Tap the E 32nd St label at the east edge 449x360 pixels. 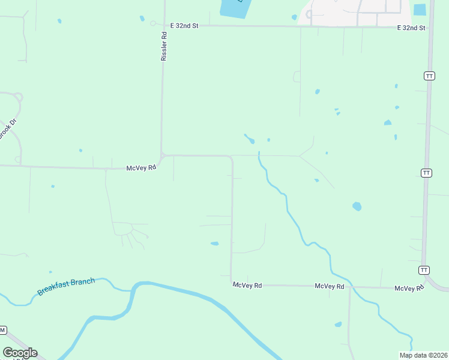tap(411, 28)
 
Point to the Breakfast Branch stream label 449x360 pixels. tap(66, 286)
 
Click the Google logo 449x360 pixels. tap(20, 353)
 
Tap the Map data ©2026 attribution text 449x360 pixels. tap(423, 355)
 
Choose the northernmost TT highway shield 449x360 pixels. tap(429, 76)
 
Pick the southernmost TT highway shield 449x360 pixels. tap(424, 270)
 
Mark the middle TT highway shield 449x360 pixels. tap(426, 173)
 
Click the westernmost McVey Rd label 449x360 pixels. tap(141, 168)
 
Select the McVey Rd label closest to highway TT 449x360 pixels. tap(409, 289)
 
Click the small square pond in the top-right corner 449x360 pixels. tap(420, 10)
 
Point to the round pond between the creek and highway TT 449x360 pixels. tap(357, 206)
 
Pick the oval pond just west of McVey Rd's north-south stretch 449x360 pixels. tap(214, 244)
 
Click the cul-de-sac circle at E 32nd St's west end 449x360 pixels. tap(153, 24)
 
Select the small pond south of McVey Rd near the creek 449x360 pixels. tap(338, 325)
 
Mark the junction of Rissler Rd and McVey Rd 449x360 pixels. tap(162, 155)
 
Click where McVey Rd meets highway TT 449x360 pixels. tap(423, 288)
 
